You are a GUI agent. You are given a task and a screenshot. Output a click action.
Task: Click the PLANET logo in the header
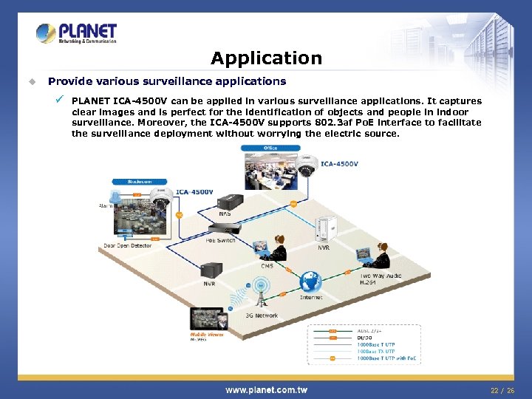click(77, 33)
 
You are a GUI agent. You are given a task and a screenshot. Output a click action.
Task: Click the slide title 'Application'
click(266, 58)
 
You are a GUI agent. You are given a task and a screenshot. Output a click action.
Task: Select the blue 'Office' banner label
click(270, 148)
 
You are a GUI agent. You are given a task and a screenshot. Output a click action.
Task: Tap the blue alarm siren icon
click(115, 197)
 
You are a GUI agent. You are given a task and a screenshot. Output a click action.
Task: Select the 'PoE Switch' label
click(221, 240)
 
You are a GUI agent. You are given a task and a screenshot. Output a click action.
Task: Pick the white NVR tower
click(325, 230)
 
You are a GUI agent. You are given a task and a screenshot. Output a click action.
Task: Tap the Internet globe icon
click(310, 282)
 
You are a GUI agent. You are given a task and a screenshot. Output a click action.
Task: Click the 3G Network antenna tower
click(259, 296)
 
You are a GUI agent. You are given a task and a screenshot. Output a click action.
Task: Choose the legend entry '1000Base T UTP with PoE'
click(387, 358)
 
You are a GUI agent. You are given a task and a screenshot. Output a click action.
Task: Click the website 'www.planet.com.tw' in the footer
click(266, 389)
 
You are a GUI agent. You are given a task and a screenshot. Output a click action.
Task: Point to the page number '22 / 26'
click(502, 390)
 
